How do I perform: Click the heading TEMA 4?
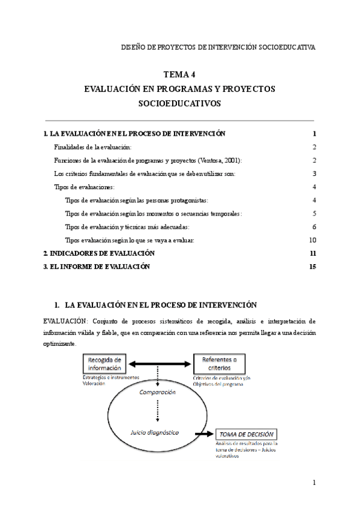pos(179,74)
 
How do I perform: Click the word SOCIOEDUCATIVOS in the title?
pos(179,103)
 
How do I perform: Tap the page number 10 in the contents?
pos(312,240)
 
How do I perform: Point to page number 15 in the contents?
pos(312,267)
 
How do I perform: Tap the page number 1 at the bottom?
pos(314,483)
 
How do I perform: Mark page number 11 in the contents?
pos(312,253)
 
